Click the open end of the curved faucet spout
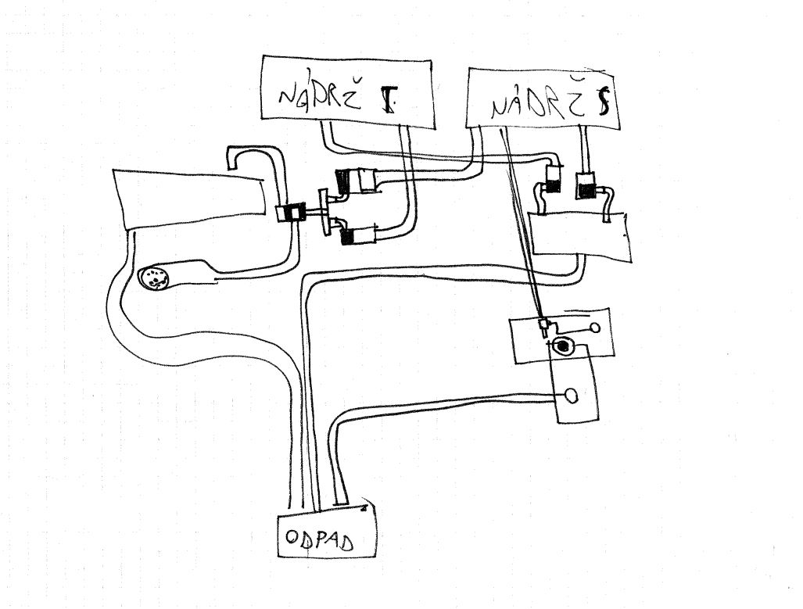click(x=233, y=163)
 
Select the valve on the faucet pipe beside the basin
click(x=295, y=213)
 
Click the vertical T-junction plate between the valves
click(x=323, y=210)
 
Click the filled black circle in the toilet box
click(x=563, y=346)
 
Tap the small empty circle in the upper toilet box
click(x=596, y=328)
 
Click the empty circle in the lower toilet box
click(x=572, y=395)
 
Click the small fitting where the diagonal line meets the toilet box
click(x=543, y=324)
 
